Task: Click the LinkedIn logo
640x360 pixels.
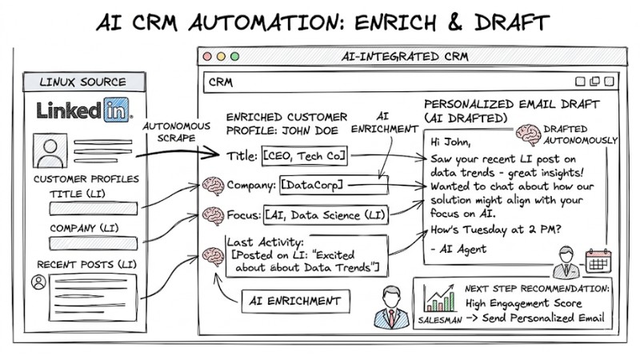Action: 84,110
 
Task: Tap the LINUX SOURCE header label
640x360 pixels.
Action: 83,82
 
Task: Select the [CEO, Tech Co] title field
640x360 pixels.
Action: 305,154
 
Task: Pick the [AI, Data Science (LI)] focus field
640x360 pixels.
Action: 326,215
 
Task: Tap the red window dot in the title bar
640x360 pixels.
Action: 207,57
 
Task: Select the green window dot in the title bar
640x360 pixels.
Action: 234,57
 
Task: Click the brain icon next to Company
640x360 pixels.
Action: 213,186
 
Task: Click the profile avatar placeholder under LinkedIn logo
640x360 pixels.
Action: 50,149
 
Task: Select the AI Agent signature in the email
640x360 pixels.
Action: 458,249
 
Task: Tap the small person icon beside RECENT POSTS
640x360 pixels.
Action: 37,282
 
